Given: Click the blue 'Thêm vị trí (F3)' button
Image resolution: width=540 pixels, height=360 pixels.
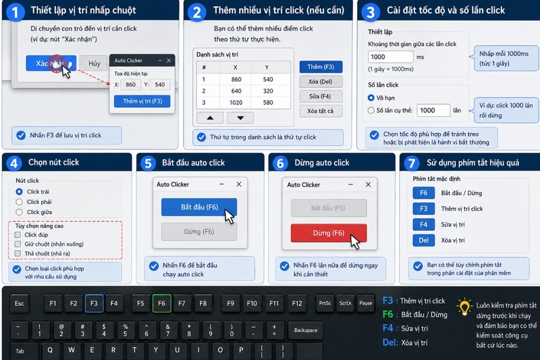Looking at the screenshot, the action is click(142, 101).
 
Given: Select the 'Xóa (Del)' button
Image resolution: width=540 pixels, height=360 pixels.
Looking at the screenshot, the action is click(321, 82).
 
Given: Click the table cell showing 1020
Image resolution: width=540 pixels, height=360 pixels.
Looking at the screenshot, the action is click(236, 103).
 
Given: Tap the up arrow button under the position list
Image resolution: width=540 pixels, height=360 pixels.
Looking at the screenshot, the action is click(210, 118).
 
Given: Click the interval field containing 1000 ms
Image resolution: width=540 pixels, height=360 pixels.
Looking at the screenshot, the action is click(391, 57).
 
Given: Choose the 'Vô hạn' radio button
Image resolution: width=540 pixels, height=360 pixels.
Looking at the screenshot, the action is click(371, 98).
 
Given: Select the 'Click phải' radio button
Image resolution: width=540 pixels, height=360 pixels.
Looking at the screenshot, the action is click(20, 202).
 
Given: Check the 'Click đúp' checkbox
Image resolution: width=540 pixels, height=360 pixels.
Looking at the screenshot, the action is click(18, 235).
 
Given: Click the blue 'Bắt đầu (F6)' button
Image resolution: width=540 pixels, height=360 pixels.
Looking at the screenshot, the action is click(199, 207).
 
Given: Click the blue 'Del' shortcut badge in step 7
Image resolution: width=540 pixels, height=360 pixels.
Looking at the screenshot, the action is click(424, 240).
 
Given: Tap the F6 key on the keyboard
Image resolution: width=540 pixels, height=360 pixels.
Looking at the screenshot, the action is click(161, 303).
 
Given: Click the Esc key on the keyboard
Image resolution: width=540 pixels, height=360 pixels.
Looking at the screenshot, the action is click(20, 303).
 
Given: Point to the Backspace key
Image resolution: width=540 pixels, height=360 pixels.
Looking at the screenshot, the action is click(306, 330).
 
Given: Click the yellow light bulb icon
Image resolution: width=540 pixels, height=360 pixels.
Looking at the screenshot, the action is click(464, 307).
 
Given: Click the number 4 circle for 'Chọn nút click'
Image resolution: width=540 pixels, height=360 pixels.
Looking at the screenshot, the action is click(13, 163).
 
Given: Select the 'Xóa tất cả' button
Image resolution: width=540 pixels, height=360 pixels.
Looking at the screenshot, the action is click(321, 111).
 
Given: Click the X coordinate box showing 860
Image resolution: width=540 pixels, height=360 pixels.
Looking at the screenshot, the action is click(130, 84).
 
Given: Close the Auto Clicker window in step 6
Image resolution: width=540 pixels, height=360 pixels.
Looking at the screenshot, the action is click(368, 184).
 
